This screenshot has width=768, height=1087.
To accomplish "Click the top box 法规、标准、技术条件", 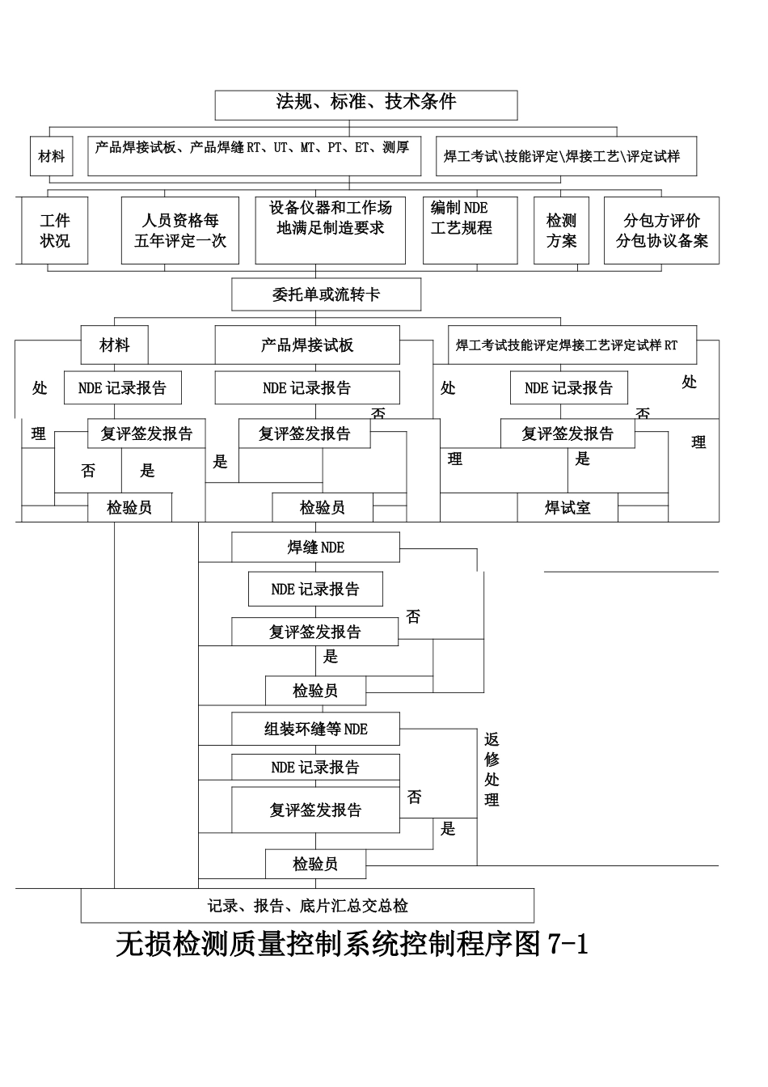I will click(365, 104).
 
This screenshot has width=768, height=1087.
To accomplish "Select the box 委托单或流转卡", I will click(326, 294).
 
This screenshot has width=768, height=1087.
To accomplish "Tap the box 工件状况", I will click(55, 231).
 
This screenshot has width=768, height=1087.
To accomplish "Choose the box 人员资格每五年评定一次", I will click(180, 231).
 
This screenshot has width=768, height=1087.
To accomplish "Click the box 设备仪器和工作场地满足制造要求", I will click(330, 230).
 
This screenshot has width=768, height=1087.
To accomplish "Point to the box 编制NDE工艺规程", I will click(470, 230).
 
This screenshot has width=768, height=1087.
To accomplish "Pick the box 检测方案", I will click(561, 231).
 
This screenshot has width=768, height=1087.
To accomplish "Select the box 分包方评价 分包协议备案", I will click(661, 231).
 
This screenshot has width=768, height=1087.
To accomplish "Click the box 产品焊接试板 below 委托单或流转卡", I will click(307, 345).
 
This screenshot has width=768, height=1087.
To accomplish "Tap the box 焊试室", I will click(568, 508).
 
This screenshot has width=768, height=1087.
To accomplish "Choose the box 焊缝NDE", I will click(315, 548).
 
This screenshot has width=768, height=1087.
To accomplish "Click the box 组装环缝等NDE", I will click(315, 729).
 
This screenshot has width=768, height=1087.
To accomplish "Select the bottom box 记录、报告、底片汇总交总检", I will click(307, 906).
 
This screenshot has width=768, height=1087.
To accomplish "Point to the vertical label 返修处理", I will click(492, 769).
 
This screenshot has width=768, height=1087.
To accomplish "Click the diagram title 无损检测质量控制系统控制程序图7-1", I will click(352, 945).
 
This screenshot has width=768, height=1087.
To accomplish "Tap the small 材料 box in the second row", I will click(52, 156).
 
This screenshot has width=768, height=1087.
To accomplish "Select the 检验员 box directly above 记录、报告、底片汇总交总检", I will click(315, 864).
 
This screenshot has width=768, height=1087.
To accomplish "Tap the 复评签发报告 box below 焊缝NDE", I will click(315, 632).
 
